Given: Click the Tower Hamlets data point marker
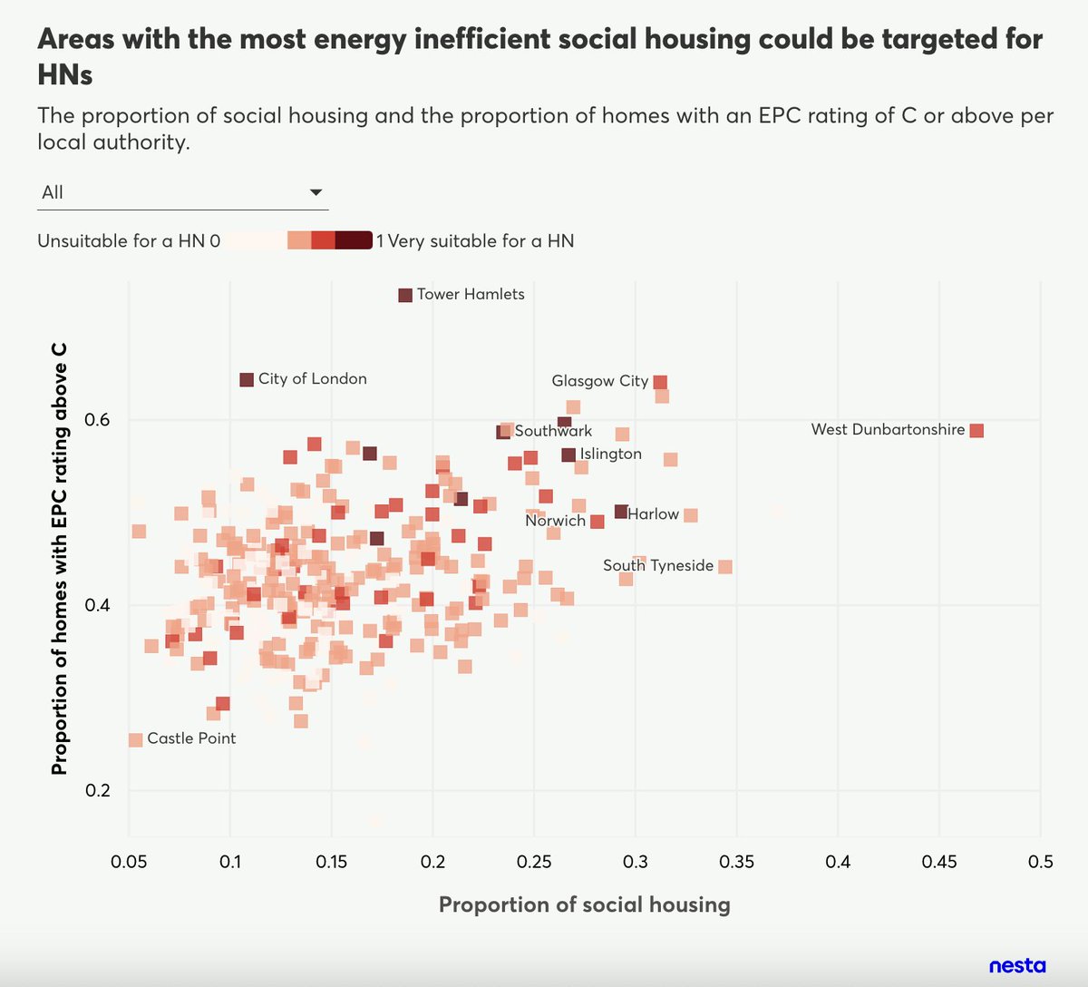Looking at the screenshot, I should point(405,295).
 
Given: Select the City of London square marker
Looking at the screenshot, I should point(247,380).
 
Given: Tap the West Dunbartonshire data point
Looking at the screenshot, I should point(976,430).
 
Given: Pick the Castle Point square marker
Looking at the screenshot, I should point(136,739).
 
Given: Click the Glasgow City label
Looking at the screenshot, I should point(599,381).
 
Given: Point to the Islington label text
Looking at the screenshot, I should point(610,454).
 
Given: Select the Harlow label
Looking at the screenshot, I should point(653,514).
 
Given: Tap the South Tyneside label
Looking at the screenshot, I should point(658,565).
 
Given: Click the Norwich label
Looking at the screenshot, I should point(555,521).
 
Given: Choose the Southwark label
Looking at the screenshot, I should point(553,431).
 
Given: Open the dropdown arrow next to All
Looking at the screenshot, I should point(316,192).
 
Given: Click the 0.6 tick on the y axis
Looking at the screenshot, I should point(97,420).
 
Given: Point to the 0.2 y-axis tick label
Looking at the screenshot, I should point(97,790).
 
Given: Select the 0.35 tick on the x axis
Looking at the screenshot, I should point(736,861).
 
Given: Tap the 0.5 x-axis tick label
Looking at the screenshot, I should point(1041,861).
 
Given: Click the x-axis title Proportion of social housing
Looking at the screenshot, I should point(584,904).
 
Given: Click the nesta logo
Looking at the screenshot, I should point(1016,965).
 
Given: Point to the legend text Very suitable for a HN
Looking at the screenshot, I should point(481,241).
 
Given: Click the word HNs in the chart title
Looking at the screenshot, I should point(65,75).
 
